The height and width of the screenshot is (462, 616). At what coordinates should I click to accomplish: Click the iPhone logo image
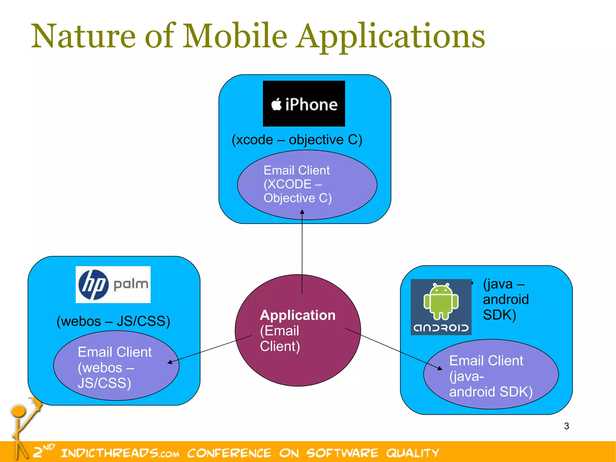304,104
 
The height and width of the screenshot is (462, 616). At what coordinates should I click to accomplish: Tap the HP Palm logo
113,284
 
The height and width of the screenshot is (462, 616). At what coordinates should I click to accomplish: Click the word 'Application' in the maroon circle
297,315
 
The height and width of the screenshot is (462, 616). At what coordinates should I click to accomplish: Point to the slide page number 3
566,426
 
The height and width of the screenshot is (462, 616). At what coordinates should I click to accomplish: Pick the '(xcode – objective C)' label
297,140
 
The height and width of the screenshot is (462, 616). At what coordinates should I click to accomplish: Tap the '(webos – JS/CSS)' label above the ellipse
113,321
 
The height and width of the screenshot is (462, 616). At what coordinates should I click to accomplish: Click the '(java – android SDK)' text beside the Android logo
505,299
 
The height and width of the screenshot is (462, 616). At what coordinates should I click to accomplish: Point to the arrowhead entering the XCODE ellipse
302,212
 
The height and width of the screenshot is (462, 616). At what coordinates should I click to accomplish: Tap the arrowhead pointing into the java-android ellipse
440,368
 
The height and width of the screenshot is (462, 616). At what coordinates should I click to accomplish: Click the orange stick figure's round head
19,411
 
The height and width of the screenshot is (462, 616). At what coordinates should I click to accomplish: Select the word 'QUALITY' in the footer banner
412,453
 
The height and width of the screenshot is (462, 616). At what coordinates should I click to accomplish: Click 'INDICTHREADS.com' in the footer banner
120,453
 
